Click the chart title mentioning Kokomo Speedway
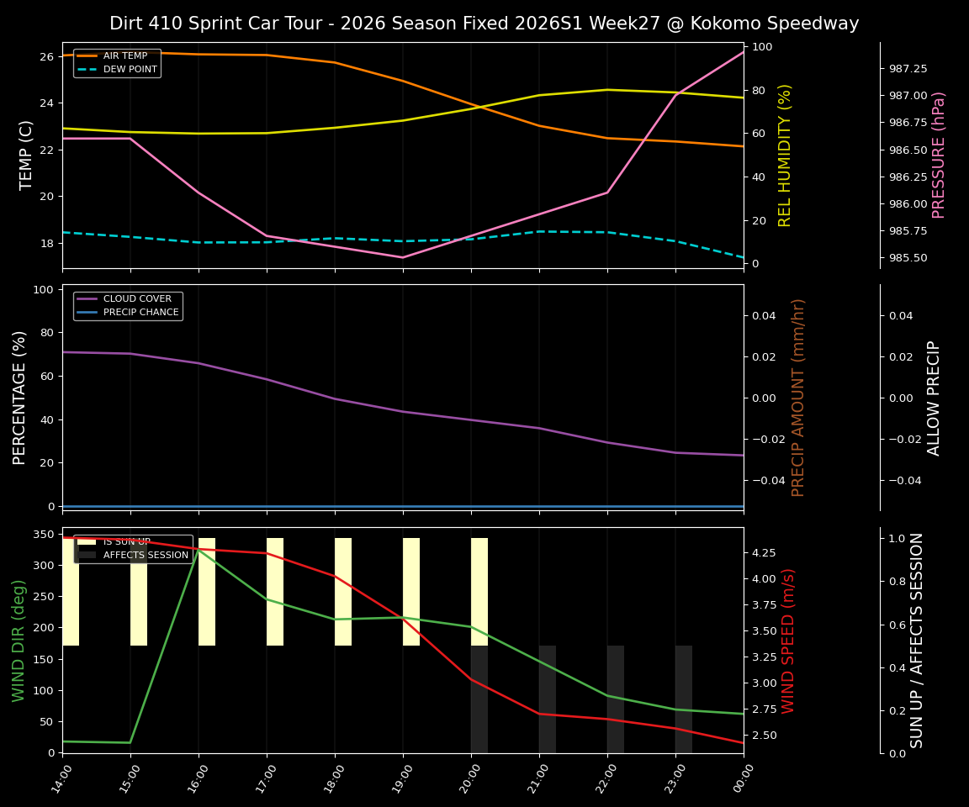pos(484,24)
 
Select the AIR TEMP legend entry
pos(124,56)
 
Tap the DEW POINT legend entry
pos(130,70)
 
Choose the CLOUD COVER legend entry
pos(136,299)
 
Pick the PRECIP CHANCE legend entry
pos(140,313)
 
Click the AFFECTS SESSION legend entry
pos(145,556)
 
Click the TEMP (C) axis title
pos(27,155)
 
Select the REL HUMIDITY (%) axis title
pos(786,155)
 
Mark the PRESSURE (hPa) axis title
pos(940,155)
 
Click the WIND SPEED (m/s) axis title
pos(789,641)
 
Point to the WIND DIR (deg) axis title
pos(19,641)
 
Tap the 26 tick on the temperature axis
pos(46,56)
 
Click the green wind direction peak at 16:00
pos(199,550)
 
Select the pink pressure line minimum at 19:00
pos(403,257)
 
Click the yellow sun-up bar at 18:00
pos(343,592)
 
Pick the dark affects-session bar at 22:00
pos(616,699)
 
